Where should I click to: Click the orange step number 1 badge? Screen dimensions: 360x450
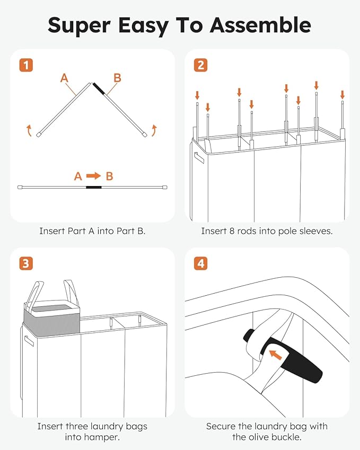click(x=26, y=65)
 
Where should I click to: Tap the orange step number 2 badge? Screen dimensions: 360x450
click(x=200, y=65)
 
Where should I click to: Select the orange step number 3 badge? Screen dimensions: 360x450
click(x=26, y=263)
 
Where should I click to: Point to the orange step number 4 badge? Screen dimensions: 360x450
click(x=200, y=263)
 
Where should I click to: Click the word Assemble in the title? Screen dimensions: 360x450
click(x=260, y=25)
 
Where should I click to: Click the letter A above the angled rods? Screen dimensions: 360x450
click(x=64, y=78)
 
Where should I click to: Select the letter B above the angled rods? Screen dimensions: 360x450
click(x=117, y=78)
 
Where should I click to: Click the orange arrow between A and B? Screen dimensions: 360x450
click(x=94, y=175)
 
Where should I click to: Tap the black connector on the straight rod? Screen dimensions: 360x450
click(x=94, y=188)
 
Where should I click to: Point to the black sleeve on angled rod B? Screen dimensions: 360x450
click(x=99, y=89)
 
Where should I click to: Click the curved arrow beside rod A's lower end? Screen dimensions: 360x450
click(x=29, y=130)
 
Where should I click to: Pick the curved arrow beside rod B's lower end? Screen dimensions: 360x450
click(x=154, y=130)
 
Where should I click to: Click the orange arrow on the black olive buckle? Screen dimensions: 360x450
click(x=276, y=355)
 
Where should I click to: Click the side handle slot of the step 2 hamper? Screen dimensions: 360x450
click(x=199, y=157)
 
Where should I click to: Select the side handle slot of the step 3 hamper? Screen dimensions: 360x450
click(x=29, y=341)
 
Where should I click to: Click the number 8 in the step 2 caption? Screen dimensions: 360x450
click(x=232, y=231)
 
